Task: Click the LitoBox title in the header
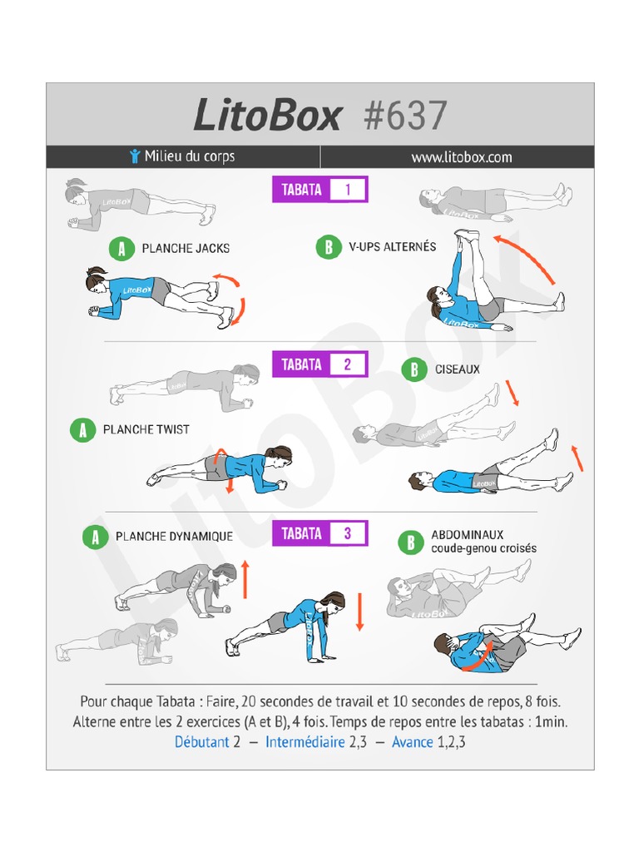pyautogui.click(x=267, y=115)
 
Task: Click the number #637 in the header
pyautogui.click(x=406, y=115)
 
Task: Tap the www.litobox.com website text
pyautogui.click(x=462, y=157)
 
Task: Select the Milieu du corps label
pyautogui.click(x=189, y=156)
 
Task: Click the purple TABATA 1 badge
pyautogui.click(x=319, y=190)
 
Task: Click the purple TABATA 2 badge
pyautogui.click(x=319, y=364)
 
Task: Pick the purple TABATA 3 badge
pyautogui.click(x=319, y=533)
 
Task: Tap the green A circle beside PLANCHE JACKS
pyautogui.click(x=121, y=248)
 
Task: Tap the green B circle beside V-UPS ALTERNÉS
pyautogui.click(x=328, y=246)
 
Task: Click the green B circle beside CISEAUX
pyautogui.click(x=414, y=369)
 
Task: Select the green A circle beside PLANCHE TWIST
pyautogui.click(x=82, y=429)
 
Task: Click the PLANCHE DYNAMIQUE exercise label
pyautogui.click(x=174, y=537)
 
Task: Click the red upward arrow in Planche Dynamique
pyautogui.click(x=245, y=579)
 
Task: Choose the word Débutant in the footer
pyautogui.click(x=201, y=741)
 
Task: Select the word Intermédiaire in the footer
pyautogui.click(x=305, y=741)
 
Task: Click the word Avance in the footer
pyautogui.click(x=413, y=741)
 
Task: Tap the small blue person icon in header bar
pyautogui.click(x=135, y=156)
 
